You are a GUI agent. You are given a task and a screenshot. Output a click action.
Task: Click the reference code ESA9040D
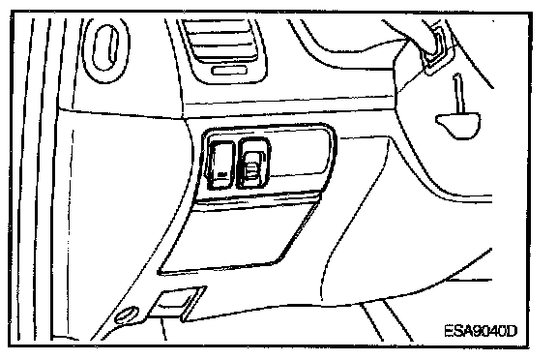(481, 331)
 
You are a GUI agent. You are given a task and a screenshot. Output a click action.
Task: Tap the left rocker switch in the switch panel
(220, 165)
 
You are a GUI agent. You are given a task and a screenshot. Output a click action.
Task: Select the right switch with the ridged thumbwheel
(253, 163)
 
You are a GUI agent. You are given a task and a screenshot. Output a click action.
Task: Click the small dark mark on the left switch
(221, 174)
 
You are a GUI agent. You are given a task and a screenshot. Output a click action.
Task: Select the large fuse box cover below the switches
(237, 236)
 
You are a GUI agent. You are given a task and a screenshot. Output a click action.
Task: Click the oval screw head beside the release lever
(127, 315)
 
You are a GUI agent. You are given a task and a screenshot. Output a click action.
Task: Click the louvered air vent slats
(220, 41)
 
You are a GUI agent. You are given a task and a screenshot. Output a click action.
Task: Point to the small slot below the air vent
(229, 70)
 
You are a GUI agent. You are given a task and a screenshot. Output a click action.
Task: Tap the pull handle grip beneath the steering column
(458, 125)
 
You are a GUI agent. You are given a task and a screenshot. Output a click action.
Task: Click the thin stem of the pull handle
(458, 94)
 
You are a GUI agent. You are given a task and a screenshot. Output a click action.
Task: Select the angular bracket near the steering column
(437, 48)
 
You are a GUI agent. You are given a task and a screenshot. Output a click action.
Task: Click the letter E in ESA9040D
(450, 331)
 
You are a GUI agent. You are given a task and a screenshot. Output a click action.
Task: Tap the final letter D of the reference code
(513, 331)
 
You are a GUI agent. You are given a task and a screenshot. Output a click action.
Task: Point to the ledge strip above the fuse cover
(255, 199)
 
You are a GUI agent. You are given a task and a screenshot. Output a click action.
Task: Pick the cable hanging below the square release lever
(163, 330)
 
